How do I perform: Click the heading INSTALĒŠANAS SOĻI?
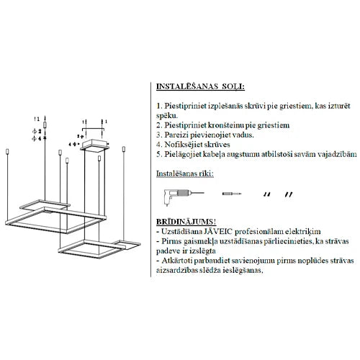pyautogui.click(x=200, y=86)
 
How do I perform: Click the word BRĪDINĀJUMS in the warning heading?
pyautogui.click(x=184, y=222)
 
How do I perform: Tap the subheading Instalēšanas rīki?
pyautogui.click(x=185, y=174)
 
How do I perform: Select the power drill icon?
pyautogui.click(x=184, y=197)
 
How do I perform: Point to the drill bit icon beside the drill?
pyautogui.click(x=232, y=194)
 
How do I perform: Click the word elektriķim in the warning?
pyautogui.click(x=303, y=232)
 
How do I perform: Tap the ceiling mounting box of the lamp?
pyautogui.click(x=95, y=145)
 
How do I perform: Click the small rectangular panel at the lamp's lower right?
pyautogui.click(x=127, y=244)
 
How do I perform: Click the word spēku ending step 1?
pyautogui.click(x=166, y=116)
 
